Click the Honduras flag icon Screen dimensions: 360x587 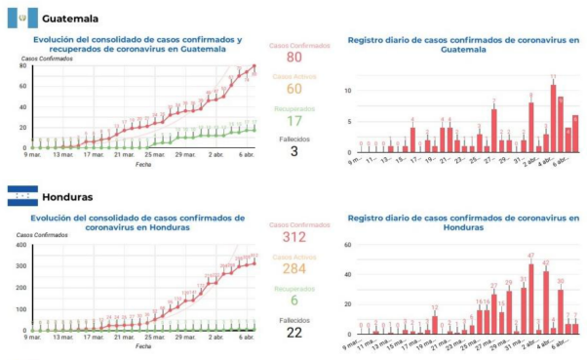point(21,195)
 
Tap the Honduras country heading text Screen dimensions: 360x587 point(72,196)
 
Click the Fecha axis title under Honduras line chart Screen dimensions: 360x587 point(142,345)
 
